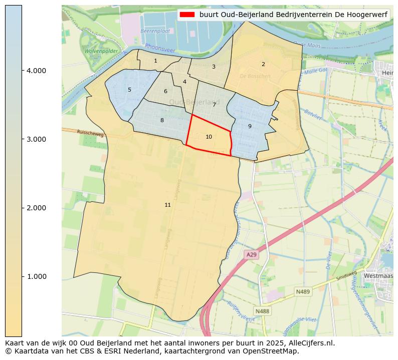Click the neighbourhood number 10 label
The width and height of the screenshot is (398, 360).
(x=209, y=137)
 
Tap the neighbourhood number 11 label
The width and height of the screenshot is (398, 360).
(x=167, y=205)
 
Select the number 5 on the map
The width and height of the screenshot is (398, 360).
(x=129, y=90)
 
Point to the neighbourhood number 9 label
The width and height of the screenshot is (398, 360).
(x=250, y=126)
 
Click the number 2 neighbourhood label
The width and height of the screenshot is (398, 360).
(x=263, y=64)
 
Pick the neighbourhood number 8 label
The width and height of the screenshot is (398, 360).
(x=162, y=120)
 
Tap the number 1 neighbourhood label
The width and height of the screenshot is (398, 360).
(x=155, y=61)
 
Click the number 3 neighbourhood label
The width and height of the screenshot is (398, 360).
(x=214, y=67)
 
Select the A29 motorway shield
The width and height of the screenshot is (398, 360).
(x=251, y=255)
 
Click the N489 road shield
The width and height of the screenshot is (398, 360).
(x=303, y=291)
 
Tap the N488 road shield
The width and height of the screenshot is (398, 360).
(x=262, y=311)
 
